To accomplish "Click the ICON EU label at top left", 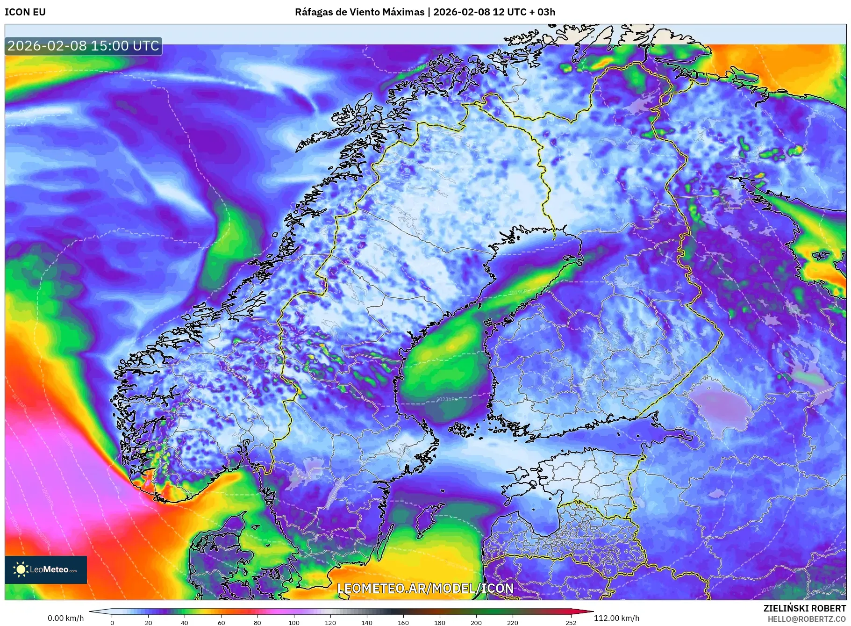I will click(25, 12).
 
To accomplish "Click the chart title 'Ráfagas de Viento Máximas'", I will click(359, 12).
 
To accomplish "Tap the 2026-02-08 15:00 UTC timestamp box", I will click(83, 46).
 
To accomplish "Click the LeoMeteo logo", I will click(46, 569).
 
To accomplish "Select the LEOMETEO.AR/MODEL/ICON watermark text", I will click(425, 588).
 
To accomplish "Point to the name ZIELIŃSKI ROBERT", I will click(804, 608).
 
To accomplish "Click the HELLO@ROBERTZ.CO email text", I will click(807, 619).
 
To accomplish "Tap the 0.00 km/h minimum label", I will click(66, 618).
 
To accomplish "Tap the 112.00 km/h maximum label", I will click(616, 618).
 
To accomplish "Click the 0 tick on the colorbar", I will click(112, 622).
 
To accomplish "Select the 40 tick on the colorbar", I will click(185, 622).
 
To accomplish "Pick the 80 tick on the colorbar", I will click(257, 622).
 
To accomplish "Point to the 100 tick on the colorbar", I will click(294, 622).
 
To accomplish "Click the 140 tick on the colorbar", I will click(367, 622).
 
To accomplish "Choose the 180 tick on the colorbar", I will click(440, 622).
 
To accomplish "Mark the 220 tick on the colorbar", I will click(513, 622).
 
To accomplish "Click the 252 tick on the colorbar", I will click(571, 622).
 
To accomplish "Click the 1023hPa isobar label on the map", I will click(447, 399).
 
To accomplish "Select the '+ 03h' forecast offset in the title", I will click(542, 12).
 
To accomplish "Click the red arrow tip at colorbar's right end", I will click(592, 611).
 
